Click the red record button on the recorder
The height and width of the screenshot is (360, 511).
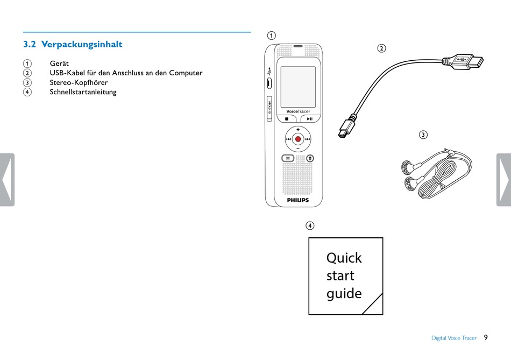[x=297, y=139]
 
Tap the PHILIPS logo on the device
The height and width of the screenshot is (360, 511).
[x=297, y=200]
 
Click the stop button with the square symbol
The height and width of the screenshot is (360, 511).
[x=287, y=118]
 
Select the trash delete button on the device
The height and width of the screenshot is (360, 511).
[x=310, y=158]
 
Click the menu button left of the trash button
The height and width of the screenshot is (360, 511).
[x=288, y=158]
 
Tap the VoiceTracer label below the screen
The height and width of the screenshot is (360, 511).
[x=297, y=111]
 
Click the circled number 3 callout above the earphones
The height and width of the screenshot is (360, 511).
[x=423, y=135]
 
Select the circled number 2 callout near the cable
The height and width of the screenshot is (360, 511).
[x=381, y=48]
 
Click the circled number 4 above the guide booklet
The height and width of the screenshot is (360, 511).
[x=310, y=225]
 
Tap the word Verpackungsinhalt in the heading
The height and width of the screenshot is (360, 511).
[x=82, y=44]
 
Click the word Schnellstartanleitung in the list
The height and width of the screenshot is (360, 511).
[x=83, y=92]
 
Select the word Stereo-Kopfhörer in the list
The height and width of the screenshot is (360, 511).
[x=79, y=82]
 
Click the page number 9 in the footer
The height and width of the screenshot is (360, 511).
[x=486, y=337]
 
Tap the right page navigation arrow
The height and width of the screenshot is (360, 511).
[x=504, y=180]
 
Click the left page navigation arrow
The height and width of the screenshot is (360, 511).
[x=6, y=180]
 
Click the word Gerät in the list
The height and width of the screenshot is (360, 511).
[x=59, y=63]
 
